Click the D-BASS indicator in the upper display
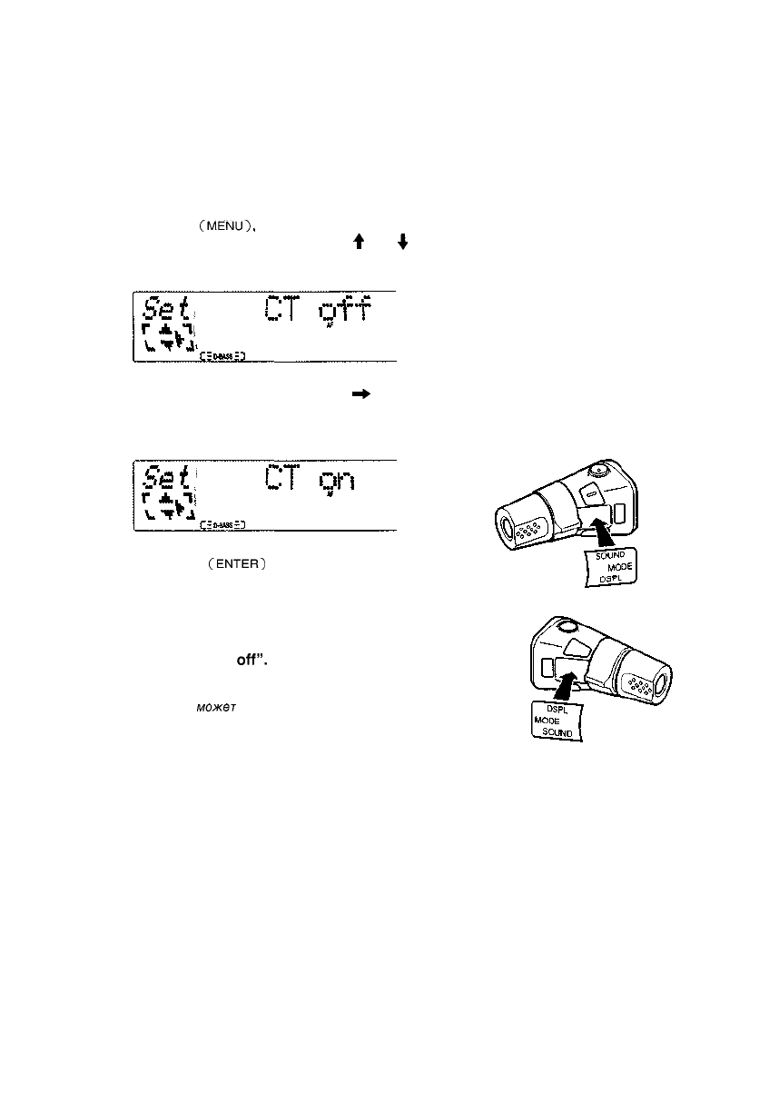(x=219, y=355)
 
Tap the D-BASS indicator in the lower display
(x=219, y=524)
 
